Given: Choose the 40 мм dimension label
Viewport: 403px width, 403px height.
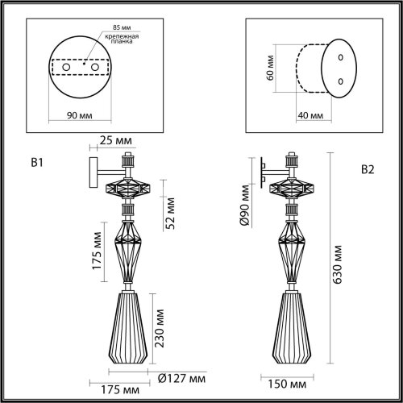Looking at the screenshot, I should (x=310, y=117).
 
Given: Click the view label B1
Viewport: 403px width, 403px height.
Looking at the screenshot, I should (x=35, y=164).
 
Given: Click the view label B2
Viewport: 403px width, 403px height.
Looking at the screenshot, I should (x=368, y=169).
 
